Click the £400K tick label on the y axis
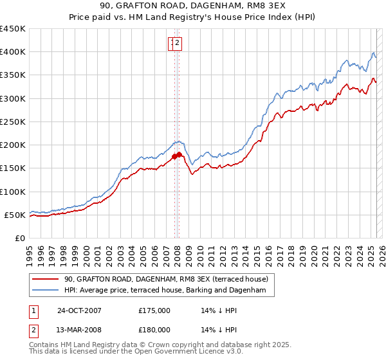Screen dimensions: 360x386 pos(14,52)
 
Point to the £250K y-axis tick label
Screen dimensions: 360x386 pos(14,122)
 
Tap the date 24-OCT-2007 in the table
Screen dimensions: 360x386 pos(79,310)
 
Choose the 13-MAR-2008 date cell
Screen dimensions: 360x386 pos(79,330)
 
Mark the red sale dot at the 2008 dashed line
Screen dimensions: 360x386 pos(179,154)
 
